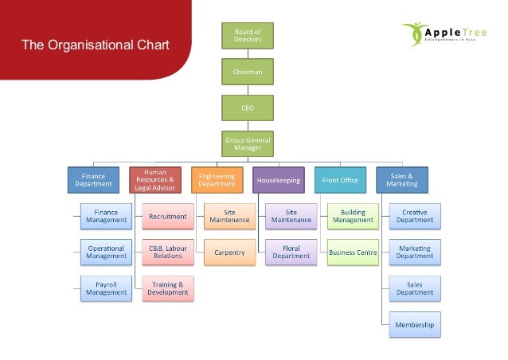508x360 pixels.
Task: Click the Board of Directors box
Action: tap(247, 36)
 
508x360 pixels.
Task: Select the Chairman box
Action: tap(247, 72)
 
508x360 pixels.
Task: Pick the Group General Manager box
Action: tap(247, 143)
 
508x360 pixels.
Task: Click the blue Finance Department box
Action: tap(93, 180)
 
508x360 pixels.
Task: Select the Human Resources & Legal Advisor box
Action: tap(155, 180)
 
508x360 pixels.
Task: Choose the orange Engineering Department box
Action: tap(217, 180)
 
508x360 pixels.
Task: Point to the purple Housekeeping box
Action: tap(279, 180)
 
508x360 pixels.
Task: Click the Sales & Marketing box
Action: tap(403, 180)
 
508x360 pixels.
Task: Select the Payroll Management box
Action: tap(107, 288)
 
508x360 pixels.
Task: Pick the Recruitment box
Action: tap(168, 217)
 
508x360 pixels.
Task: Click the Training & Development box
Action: tap(168, 288)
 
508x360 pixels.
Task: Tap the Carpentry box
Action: tap(230, 252)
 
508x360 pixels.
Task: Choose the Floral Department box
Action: tap(291, 252)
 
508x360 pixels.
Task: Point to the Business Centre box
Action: tap(354, 252)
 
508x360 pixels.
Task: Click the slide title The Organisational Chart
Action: tap(96, 45)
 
